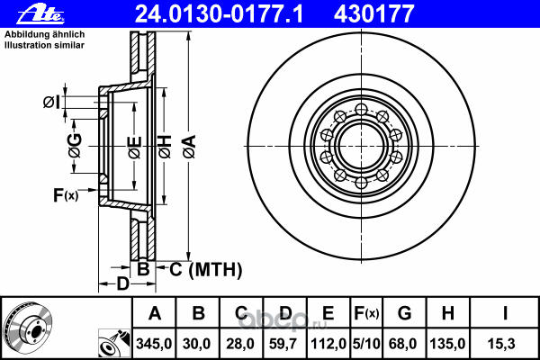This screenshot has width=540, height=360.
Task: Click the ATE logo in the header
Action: pos(40,15)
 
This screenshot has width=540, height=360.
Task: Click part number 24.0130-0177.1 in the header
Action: pos(219,13)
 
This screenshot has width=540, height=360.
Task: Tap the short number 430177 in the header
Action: pos(373,13)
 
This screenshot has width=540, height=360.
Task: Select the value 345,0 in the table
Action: pos(154,344)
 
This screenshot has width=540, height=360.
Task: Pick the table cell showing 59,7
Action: pos(283,344)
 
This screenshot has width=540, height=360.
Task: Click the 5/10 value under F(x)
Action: pos(366,344)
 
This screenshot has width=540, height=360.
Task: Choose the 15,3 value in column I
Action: pos(501,344)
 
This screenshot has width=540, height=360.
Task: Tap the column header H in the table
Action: pos(447,313)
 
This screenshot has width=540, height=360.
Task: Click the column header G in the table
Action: pos(404,313)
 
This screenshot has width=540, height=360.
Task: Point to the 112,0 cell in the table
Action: pos(328,344)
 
